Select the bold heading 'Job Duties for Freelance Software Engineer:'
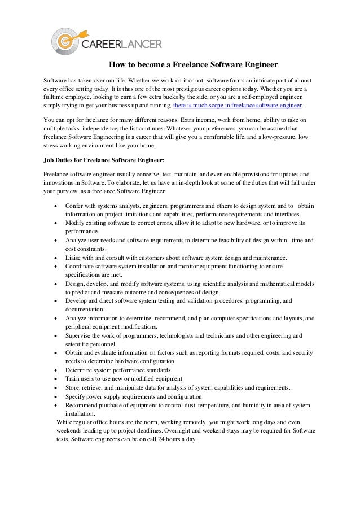tap(104, 160)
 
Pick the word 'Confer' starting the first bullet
tap(75, 206)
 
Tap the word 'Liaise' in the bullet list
tap(74, 258)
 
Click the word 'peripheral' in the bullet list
tap(80, 327)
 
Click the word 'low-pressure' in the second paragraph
tap(277, 137)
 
